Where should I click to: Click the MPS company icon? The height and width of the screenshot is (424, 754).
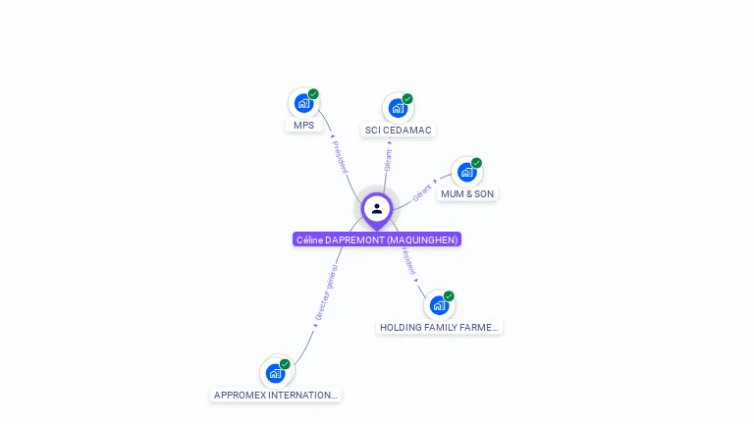coord(303,103)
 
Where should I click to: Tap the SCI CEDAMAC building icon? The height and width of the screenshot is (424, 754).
coord(398,108)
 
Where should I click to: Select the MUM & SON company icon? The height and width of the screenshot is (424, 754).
coord(466,172)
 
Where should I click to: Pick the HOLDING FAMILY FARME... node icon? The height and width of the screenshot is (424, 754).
coord(439,305)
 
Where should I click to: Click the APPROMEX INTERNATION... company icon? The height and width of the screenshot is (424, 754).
coord(276,373)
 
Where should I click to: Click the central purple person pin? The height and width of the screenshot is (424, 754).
coord(377,209)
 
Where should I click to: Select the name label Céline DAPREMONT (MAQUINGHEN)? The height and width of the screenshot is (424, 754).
coord(377,239)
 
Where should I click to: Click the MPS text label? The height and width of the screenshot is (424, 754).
coord(303,126)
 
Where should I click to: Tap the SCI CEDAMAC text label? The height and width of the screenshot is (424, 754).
coord(399,131)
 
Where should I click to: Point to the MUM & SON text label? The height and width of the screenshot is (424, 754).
coord(467,194)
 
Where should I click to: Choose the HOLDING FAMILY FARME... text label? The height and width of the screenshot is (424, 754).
coord(439,328)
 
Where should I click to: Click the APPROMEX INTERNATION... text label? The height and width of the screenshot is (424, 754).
coord(276,396)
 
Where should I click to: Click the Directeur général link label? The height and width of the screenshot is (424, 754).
coord(326,293)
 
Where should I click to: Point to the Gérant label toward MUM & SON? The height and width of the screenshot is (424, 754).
coord(423,191)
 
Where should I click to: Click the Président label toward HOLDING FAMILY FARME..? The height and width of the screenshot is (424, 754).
coord(407,260)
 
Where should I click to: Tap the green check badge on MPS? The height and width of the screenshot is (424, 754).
coord(313,94)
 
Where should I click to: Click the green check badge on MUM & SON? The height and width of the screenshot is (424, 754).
coord(476,163)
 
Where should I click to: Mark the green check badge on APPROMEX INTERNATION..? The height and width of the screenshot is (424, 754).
coord(285,364)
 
